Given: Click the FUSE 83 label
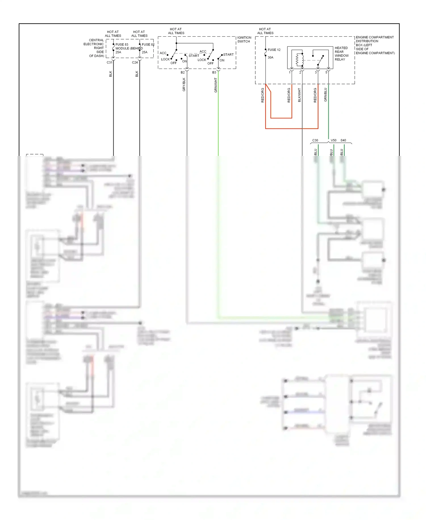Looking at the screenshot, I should (122, 45).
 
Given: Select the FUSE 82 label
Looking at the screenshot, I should (148, 45).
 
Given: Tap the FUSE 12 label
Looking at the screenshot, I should (274, 50).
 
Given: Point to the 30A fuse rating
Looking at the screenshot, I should (270, 57).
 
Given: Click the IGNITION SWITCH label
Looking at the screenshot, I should (244, 40).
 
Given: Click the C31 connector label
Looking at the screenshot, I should (109, 63).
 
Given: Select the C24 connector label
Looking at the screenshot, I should (135, 63).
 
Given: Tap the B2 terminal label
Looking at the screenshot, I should (183, 73).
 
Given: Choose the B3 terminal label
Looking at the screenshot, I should (214, 73).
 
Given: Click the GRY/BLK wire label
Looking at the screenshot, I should (184, 84).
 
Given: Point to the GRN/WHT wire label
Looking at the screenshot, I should (216, 85).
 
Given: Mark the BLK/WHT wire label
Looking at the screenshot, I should (299, 95).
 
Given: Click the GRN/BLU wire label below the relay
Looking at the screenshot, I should (325, 95).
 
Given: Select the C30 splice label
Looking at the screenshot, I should (315, 141).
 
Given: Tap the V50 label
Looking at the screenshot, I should (333, 141).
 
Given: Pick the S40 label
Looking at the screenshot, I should (343, 141).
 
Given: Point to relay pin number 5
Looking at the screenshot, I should (326, 73).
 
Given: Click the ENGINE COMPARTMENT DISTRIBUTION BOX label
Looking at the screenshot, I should (375, 45).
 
